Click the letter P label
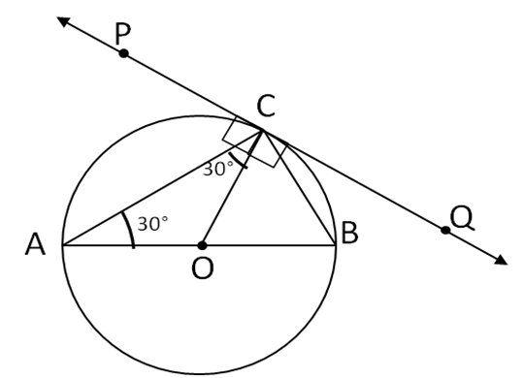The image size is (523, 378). click(122, 33)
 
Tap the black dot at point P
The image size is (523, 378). click(123, 52)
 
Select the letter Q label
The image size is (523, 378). click(463, 216)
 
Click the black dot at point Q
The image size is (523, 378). click(445, 230)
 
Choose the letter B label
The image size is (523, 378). click(350, 233)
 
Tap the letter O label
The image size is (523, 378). click(202, 268)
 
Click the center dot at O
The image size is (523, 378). click(202, 244)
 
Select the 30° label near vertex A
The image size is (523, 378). click(152, 224)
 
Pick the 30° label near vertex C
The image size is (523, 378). click(218, 170)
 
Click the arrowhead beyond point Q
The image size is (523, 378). click(501, 260)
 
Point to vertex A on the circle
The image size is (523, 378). click(63, 244)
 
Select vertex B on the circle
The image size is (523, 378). click(336, 244)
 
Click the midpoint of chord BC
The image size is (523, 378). click(299, 186)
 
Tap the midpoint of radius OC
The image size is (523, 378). click(232, 186)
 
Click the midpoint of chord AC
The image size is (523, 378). click(162, 186)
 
